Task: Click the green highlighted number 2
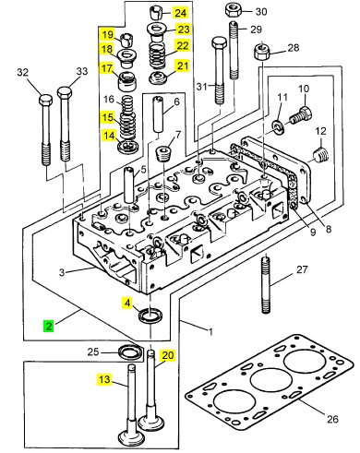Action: click(x=49, y=326)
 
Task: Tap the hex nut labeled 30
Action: click(x=233, y=11)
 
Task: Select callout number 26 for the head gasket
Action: click(x=332, y=419)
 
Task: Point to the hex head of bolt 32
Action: click(x=45, y=101)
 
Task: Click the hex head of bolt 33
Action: click(x=65, y=93)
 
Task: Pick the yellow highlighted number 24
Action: click(x=181, y=13)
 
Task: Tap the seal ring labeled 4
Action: click(x=150, y=316)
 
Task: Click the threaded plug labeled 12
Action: click(x=321, y=155)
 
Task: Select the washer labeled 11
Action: click(x=278, y=127)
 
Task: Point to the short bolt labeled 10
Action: click(x=301, y=115)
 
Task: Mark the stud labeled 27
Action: click(x=266, y=285)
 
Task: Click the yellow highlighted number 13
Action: click(x=104, y=379)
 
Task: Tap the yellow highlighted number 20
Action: click(x=168, y=355)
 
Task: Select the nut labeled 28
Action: click(x=262, y=53)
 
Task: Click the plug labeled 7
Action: click(x=163, y=154)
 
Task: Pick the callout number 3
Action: click(x=62, y=272)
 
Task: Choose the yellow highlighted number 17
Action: click(x=107, y=68)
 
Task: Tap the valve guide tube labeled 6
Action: click(x=159, y=113)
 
